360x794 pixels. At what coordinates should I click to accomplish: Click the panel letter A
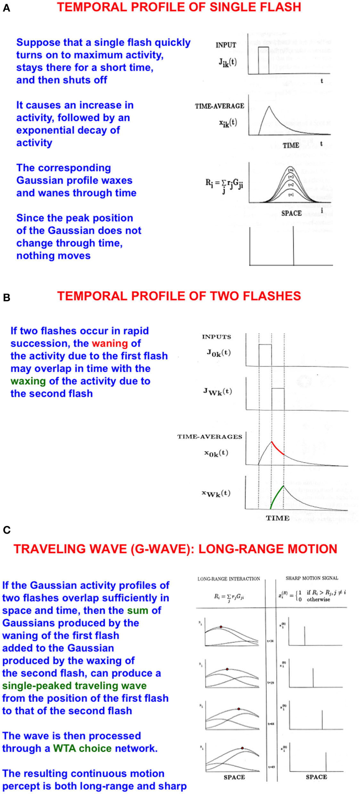point(6,8)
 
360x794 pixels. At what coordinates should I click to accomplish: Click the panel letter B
point(6,297)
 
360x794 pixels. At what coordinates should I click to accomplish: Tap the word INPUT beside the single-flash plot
point(226,45)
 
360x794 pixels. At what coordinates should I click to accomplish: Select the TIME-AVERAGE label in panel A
point(219,106)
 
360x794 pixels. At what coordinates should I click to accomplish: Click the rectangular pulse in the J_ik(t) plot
point(263,60)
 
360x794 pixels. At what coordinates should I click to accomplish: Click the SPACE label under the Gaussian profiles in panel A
point(291,213)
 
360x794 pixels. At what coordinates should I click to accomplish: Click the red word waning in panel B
point(110,344)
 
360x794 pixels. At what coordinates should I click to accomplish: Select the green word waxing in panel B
point(28,381)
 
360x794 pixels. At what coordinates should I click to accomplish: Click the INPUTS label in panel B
point(217,337)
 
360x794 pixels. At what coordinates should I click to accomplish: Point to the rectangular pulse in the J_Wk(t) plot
point(278,399)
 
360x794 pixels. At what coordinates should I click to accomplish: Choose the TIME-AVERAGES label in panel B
point(210,437)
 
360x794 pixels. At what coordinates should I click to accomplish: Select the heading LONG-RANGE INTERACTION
point(229,579)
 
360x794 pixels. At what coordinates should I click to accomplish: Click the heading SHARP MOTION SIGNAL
point(312,578)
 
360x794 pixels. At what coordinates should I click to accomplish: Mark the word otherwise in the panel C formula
point(318,599)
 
